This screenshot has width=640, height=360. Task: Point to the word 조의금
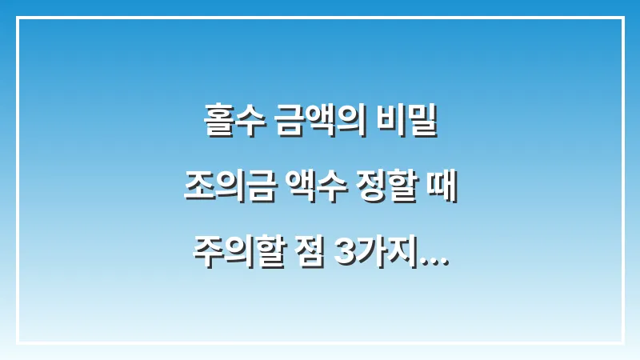(225, 190)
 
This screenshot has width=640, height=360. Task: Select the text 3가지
(370, 254)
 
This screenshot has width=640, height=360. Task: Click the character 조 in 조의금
(198, 190)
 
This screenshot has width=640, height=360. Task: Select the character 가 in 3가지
(366, 254)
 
